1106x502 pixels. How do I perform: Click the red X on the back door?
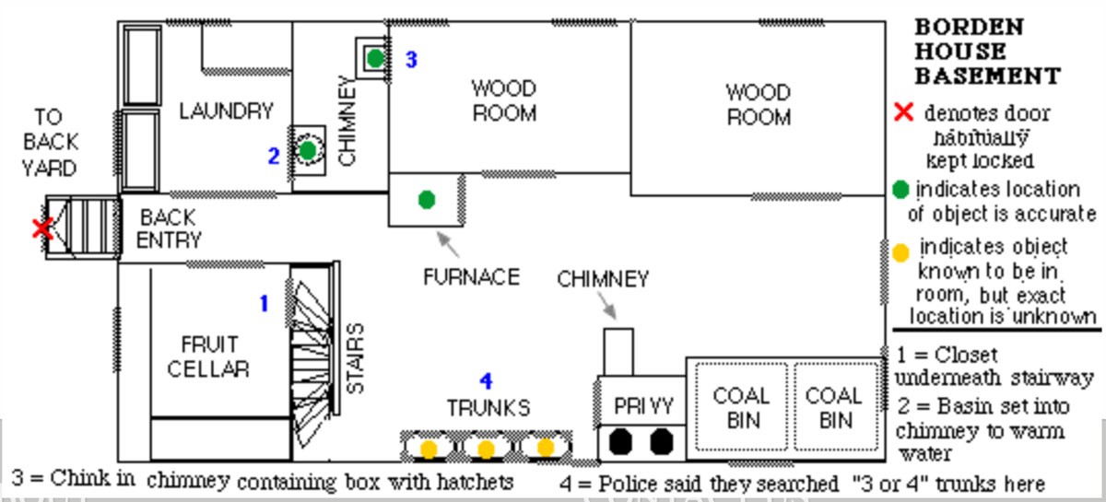(x=41, y=228)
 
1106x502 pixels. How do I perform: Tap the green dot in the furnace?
(x=426, y=199)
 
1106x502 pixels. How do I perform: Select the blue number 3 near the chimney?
(x=411, y=60)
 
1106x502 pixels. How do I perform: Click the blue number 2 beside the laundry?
(x=273, y=157)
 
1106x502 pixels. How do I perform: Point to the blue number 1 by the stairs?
(x=264, y=302)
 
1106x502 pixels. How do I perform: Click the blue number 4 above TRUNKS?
(x=487, y=380)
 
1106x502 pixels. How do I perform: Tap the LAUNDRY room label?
(x=227, y=111)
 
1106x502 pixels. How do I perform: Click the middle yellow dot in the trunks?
(x=486, y=449)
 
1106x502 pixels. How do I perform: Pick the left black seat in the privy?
(x=622, y=441)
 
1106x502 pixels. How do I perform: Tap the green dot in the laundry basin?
(x=308, y=148)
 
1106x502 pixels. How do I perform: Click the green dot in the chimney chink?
(x=374, y=58)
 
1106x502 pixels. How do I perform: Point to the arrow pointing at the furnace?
(x=449, y=243)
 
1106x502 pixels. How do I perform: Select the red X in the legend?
(x=904, y=112)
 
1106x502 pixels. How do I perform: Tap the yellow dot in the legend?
(x=900, y=250)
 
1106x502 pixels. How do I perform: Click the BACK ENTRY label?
(x=169, y=229)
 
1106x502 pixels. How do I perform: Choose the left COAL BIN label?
(x=741, y=408)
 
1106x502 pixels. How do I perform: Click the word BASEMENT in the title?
(x=986, y=76)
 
